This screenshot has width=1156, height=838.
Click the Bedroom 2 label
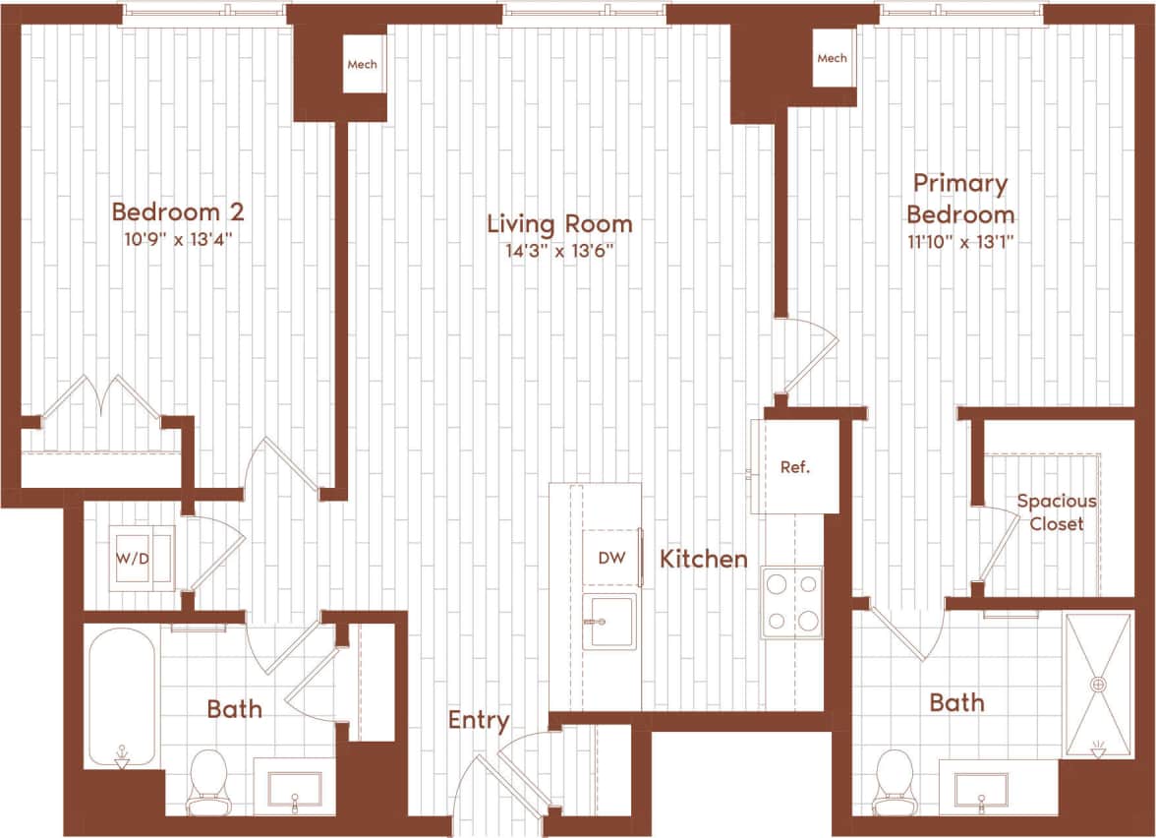pos(177,211)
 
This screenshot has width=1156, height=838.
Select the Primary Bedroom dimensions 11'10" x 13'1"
pos(959,241)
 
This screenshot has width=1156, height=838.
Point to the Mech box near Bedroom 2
pos(362,65)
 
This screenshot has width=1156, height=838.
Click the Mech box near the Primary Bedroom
pos(832,58)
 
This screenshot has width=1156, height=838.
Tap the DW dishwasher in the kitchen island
pos(611,558)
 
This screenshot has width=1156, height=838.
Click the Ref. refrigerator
pos(794,467)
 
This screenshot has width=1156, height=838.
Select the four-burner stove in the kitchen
pos(792,602)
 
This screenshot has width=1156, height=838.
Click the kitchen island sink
pos(609,622)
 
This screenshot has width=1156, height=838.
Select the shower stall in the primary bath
pos(1098,684)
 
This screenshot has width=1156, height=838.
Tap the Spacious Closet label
pos(1056,511)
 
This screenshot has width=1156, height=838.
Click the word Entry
pos(479,720)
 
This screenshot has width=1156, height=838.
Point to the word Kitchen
pos(703,560)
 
